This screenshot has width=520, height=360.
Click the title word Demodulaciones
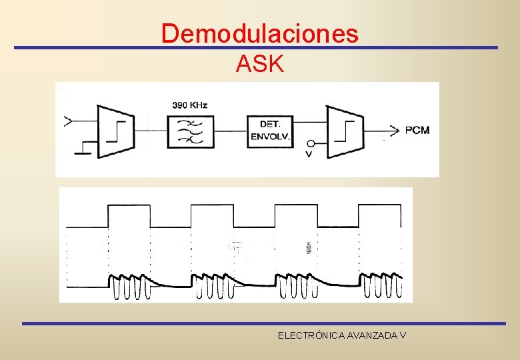259,33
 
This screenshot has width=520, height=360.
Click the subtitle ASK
260,65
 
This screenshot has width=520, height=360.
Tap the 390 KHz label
190,105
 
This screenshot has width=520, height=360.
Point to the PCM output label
417,130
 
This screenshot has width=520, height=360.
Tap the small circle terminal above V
310,144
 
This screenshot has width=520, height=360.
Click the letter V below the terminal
309,155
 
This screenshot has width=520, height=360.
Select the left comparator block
115,131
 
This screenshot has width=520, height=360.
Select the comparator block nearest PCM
344,131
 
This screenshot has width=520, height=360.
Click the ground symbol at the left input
83,149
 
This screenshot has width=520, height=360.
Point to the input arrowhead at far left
69,121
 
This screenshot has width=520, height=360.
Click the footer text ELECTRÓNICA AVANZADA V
342,335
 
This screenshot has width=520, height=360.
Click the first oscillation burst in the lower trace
129,287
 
